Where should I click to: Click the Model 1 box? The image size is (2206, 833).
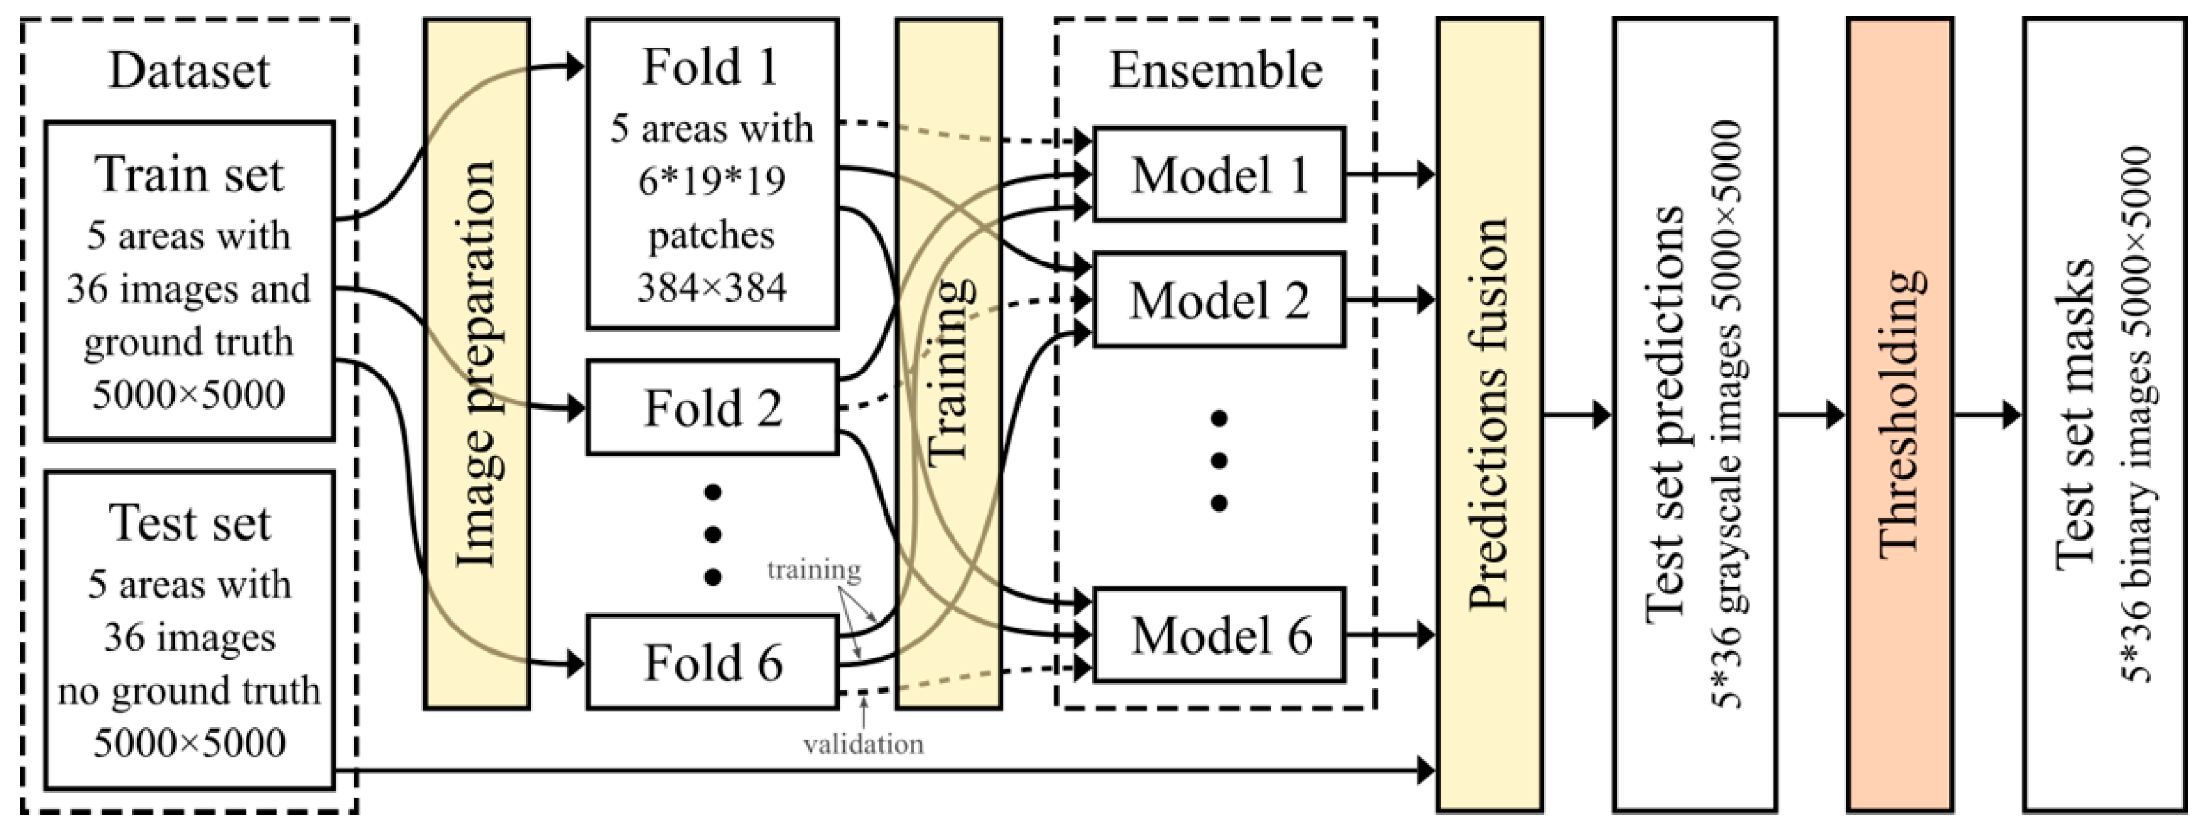click(x=1219, y=175)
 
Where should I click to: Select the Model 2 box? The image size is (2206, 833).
click(x=1219, y=300)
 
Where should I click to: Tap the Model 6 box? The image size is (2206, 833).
click(x=1219, y=635)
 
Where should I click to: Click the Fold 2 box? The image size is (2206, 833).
click(x=713, y=408)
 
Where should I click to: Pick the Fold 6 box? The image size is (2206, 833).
click(x=713, y=662)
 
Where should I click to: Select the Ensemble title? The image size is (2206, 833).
click(x=1216, y=70)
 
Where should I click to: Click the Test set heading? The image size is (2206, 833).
click(x=190, y=523)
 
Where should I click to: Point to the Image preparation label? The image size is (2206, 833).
click(x=476, y=364)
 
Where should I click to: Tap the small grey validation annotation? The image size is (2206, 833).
click(x=863, y=744)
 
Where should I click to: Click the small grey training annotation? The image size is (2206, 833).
click(x=813, y=569)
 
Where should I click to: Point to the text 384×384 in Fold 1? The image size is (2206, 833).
click(x=712, y=288)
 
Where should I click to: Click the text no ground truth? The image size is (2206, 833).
click(x=190, y=690)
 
